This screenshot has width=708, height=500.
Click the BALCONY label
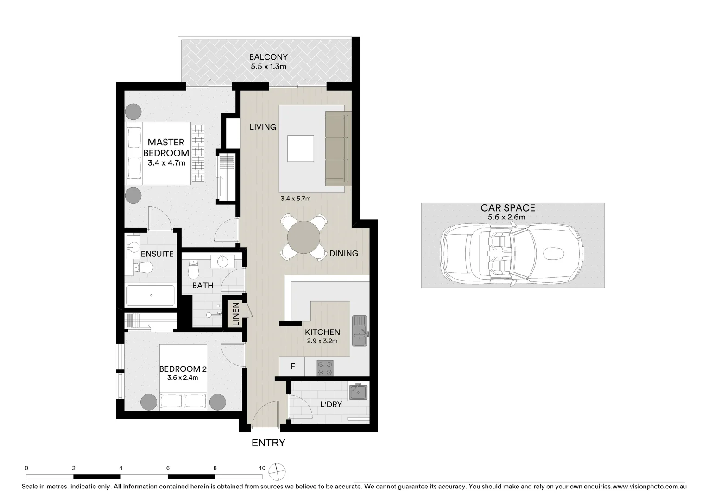pos(268,57)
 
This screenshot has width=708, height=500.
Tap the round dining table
pos(303,237)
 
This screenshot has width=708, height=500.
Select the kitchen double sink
pos(359,331)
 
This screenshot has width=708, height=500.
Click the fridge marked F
pos(292,367)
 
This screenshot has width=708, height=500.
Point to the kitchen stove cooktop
pos(325,368)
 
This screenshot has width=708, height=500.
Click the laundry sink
pos(358,392)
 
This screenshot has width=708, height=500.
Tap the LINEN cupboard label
pos(236,314)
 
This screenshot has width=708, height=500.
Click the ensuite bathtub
pos(151,295)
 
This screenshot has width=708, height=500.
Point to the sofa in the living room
pos(336,148)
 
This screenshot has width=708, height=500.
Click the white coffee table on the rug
pos(300,148)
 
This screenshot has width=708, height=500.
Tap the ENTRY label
pos(268,443)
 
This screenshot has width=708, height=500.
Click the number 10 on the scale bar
pos(262,468)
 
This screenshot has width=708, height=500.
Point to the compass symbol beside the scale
pos(279,472)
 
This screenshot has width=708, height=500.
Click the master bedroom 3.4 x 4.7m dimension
pos(166,163)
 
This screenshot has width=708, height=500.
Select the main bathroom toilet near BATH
pos(194,268)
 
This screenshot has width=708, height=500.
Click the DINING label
pos(343,253)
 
